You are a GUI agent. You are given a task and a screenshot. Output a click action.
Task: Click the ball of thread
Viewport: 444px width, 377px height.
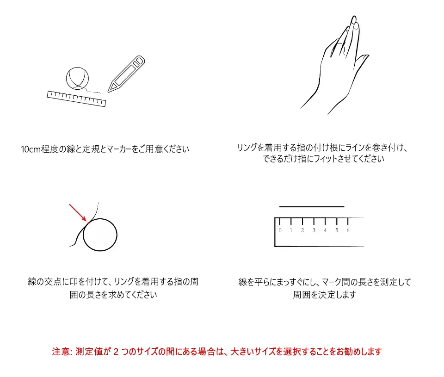77,79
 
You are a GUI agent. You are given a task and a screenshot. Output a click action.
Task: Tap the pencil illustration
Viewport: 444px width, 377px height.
126,74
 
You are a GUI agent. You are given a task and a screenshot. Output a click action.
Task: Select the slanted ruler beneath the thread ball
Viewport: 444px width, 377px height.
76,99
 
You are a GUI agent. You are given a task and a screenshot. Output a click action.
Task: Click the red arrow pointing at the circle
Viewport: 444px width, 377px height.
78,212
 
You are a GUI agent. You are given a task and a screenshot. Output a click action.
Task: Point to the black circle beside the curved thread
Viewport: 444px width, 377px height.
83,235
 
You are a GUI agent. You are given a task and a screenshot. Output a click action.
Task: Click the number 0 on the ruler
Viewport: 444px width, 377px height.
280,230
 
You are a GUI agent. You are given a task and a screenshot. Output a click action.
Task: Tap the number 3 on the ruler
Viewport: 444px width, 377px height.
314,230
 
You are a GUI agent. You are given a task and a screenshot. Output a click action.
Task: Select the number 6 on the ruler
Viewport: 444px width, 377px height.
348,230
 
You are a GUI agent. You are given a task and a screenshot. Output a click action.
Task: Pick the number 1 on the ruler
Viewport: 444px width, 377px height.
291,230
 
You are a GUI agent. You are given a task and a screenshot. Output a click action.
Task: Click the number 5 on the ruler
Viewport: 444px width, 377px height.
337,230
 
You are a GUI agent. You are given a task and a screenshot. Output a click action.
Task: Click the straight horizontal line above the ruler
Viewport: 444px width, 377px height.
312,207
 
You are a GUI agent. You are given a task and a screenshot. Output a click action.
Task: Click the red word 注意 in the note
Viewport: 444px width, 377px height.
61,352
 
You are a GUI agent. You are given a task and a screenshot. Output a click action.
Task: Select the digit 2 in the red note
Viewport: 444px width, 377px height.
116,352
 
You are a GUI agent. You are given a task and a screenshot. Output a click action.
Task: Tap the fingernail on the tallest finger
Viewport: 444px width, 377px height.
354,20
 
